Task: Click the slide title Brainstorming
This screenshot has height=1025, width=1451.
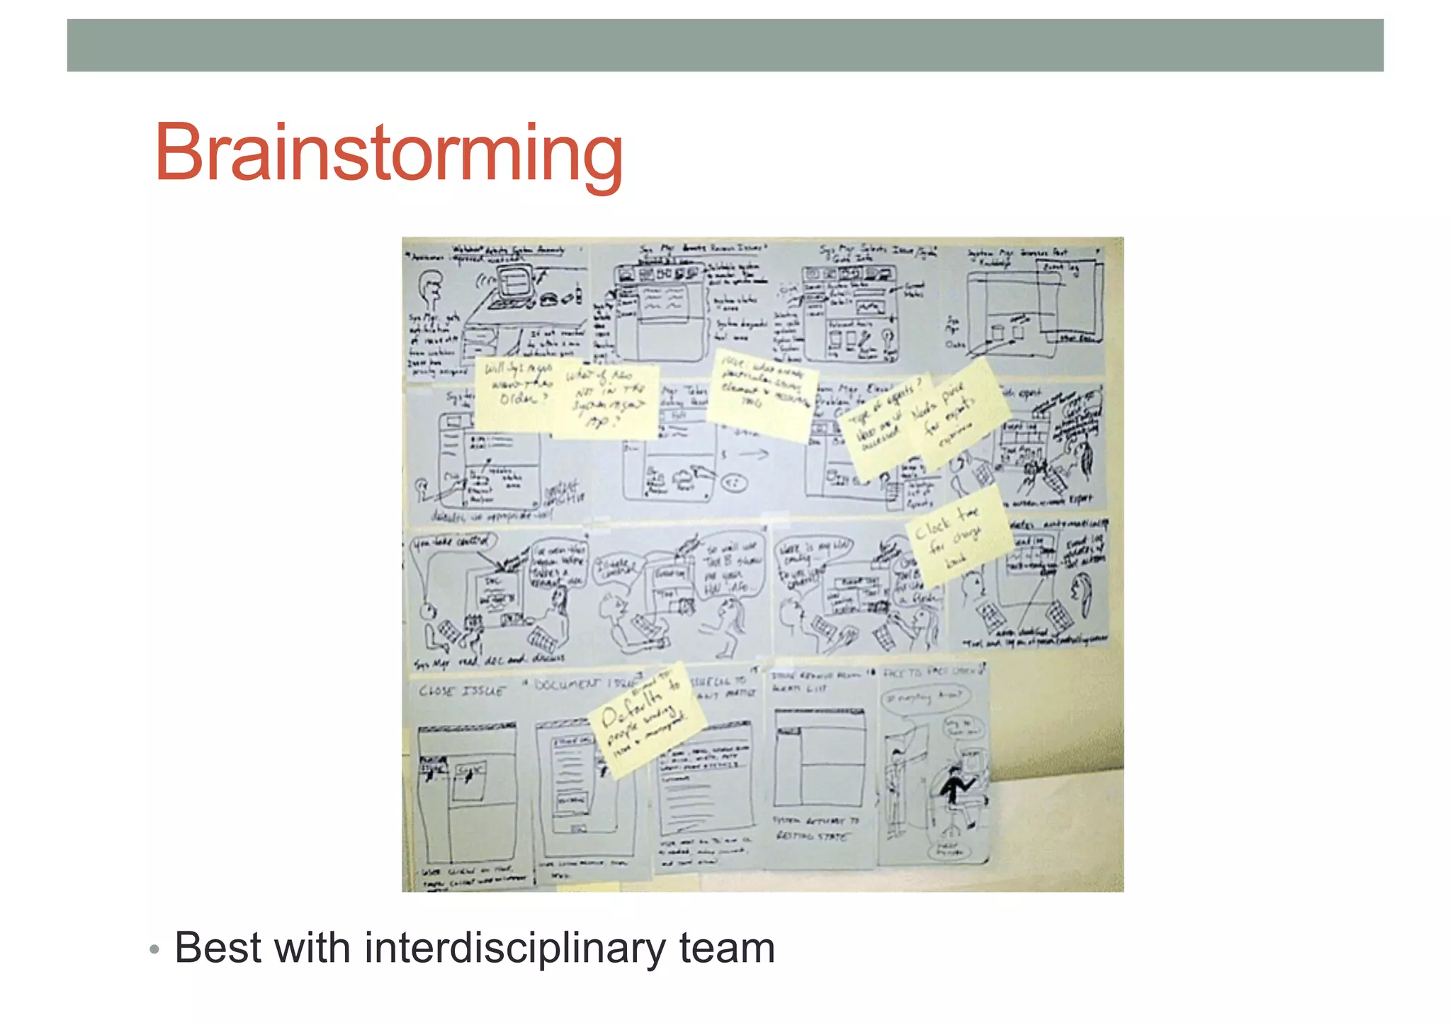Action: click(388, 153)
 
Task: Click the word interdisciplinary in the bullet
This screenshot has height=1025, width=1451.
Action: click(514, 948)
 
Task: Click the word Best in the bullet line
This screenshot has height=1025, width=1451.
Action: click(218, 948)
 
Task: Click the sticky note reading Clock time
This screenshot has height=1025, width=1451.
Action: click(956, 535)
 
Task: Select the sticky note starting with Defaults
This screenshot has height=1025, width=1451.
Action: click(646, 719)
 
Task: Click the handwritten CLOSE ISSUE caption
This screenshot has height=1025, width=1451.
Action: click(461, 691)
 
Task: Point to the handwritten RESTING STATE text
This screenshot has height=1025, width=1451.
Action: click(811, 837)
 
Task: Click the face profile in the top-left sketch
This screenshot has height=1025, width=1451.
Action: click(429, 291)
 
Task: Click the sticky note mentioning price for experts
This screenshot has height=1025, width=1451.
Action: click(956, 414)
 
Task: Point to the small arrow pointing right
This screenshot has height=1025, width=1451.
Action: click(753, 454)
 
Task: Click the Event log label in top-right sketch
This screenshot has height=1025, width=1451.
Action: click(1061, 268)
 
